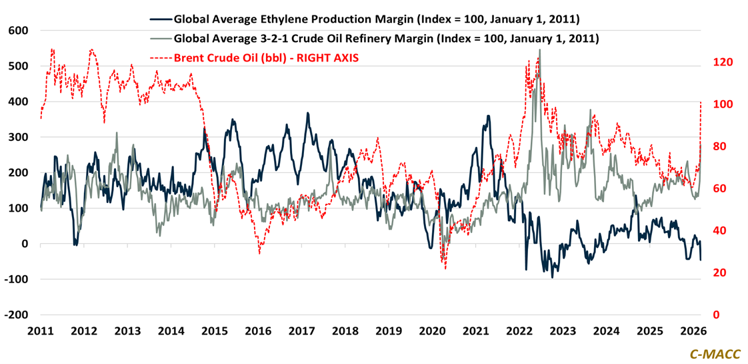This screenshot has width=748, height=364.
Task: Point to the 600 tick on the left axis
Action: pyautogui.click(x=18, y=31)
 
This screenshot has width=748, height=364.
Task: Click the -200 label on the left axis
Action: pyautogui.click(x=16, y=315)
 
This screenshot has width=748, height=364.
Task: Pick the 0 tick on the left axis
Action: pyautogui.click(x=25, y=244)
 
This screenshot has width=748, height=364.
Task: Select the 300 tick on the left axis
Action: pyautogui.click(x=18, y=137)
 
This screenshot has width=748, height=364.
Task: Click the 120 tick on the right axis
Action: pyautogui.click(x=723, y=62)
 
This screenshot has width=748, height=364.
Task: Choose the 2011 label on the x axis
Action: pyautogui.click(x=41, y=331)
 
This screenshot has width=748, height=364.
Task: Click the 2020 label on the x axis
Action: pyautogui.click(x=432, y=331)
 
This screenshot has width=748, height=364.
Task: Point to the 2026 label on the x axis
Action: pyautogui.click(x=693, y=331)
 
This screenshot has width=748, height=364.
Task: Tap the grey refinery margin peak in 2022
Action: pyautogui.click(x=539, y=49)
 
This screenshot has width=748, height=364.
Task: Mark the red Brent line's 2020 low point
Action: pyautogui.click(x=445, y=268)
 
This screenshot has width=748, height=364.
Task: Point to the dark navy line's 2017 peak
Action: pyautogui.click(x=307, y=113)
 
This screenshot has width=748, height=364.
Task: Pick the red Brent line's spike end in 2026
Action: pyautogui.click(x=701, y=102)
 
